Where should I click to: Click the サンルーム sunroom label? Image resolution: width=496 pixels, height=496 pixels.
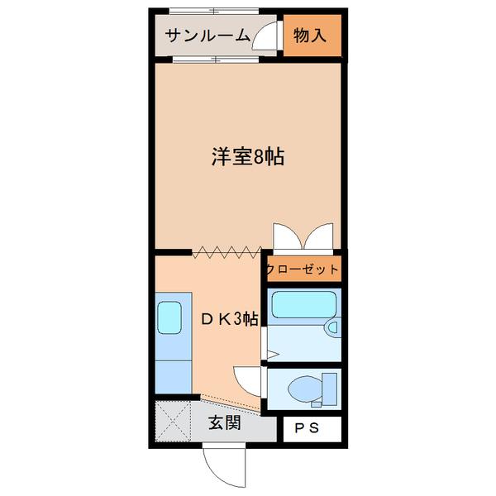click(207, 36)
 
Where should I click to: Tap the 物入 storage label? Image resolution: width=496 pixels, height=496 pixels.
click(309, 36)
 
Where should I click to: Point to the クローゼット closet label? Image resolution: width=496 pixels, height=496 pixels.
click(303, 269)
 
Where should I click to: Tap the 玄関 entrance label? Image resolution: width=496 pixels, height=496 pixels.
click(224, 423)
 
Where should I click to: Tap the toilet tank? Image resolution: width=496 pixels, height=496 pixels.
click(329, 387)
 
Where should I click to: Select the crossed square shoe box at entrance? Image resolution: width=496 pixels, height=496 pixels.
click(174, 422)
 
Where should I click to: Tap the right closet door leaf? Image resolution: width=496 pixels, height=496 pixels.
click(322, 236)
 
